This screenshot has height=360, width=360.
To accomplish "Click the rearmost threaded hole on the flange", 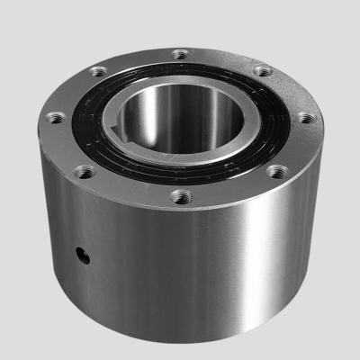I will click(181, 55).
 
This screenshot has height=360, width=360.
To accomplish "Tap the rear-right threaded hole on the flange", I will click(262, 71).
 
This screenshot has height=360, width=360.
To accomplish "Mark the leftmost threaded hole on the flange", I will click(54, 116).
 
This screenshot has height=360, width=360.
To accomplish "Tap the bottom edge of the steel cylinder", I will click(180, 346).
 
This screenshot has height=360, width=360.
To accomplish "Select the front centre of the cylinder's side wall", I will click(180, 270).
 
